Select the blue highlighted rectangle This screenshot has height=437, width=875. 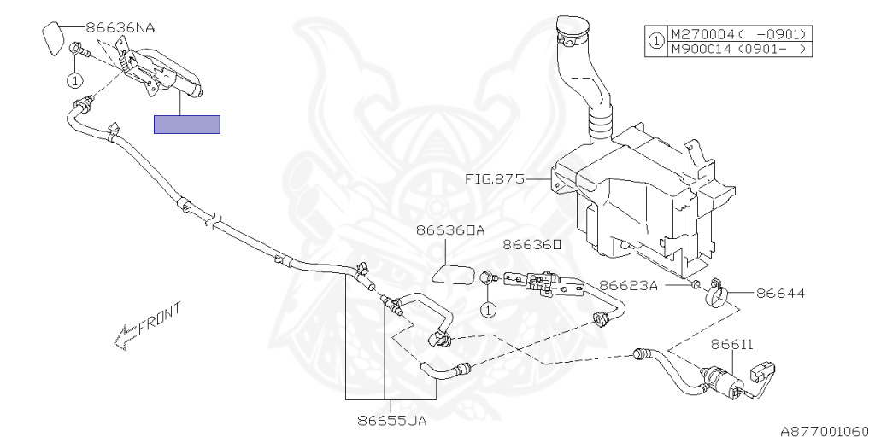click(x=186, y=125)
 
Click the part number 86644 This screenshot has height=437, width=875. click(x=779, y=294)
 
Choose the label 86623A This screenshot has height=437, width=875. click(x=627, y=286)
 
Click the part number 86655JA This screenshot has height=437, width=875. click(x=392, y=420)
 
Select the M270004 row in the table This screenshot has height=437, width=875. click(x=738, y=34)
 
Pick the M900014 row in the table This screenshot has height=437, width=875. click(x=738, y=49)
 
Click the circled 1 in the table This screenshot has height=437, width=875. click(x=655, y=41)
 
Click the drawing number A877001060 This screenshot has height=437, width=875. click(x=826, y=430)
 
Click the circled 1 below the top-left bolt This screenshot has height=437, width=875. click(x=75, y=81)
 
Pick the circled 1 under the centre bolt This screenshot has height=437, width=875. click(x=488, y=309)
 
